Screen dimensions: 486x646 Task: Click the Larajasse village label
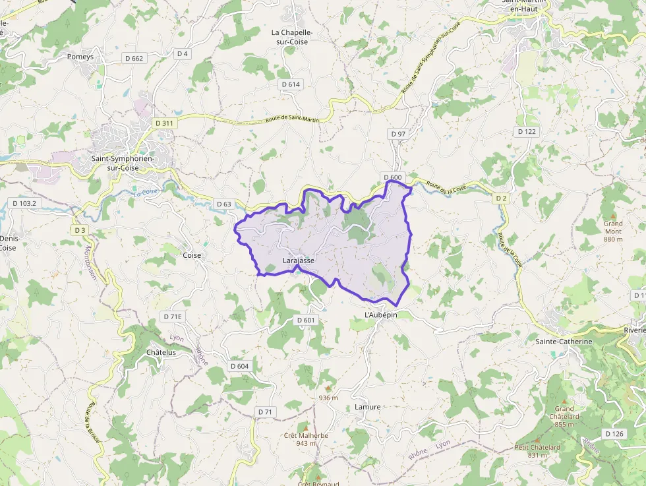298,260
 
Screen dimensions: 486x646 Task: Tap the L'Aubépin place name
381,315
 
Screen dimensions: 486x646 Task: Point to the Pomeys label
80,57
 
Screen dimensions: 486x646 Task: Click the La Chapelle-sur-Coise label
292,36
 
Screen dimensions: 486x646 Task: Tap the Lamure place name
367,407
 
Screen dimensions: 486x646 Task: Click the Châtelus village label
161,353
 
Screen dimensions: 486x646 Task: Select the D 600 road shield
392,177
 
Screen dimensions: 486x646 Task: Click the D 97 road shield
398,134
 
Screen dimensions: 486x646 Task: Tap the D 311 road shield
164,123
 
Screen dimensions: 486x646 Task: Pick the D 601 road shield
306,320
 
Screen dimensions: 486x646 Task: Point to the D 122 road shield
527,131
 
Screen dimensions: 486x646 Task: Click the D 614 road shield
291,84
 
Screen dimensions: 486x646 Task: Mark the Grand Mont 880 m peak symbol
612,216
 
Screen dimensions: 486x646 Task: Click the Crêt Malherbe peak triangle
305,427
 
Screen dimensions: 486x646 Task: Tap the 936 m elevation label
328,398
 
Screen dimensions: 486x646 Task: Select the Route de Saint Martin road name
292,119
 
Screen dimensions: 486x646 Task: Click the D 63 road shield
223,204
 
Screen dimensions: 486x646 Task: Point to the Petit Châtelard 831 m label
537,451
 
